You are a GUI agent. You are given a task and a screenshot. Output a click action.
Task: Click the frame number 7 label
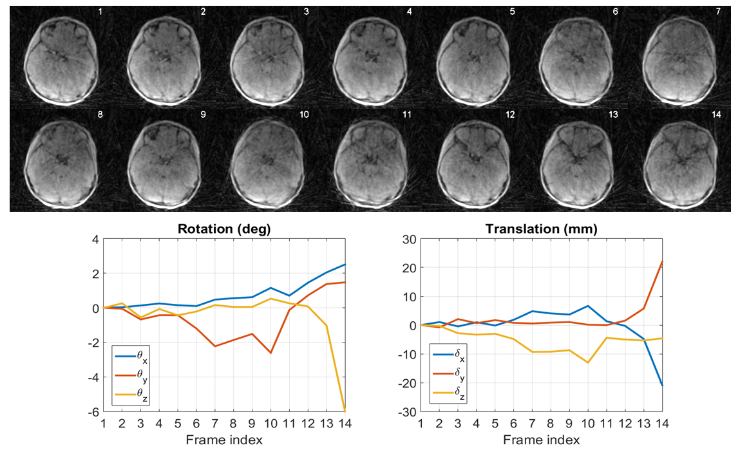tap(716, 12)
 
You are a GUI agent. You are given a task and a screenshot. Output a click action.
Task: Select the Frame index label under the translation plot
tap(542, 440)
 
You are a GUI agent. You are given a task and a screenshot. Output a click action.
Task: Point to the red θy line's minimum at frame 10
tap(271, 353)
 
